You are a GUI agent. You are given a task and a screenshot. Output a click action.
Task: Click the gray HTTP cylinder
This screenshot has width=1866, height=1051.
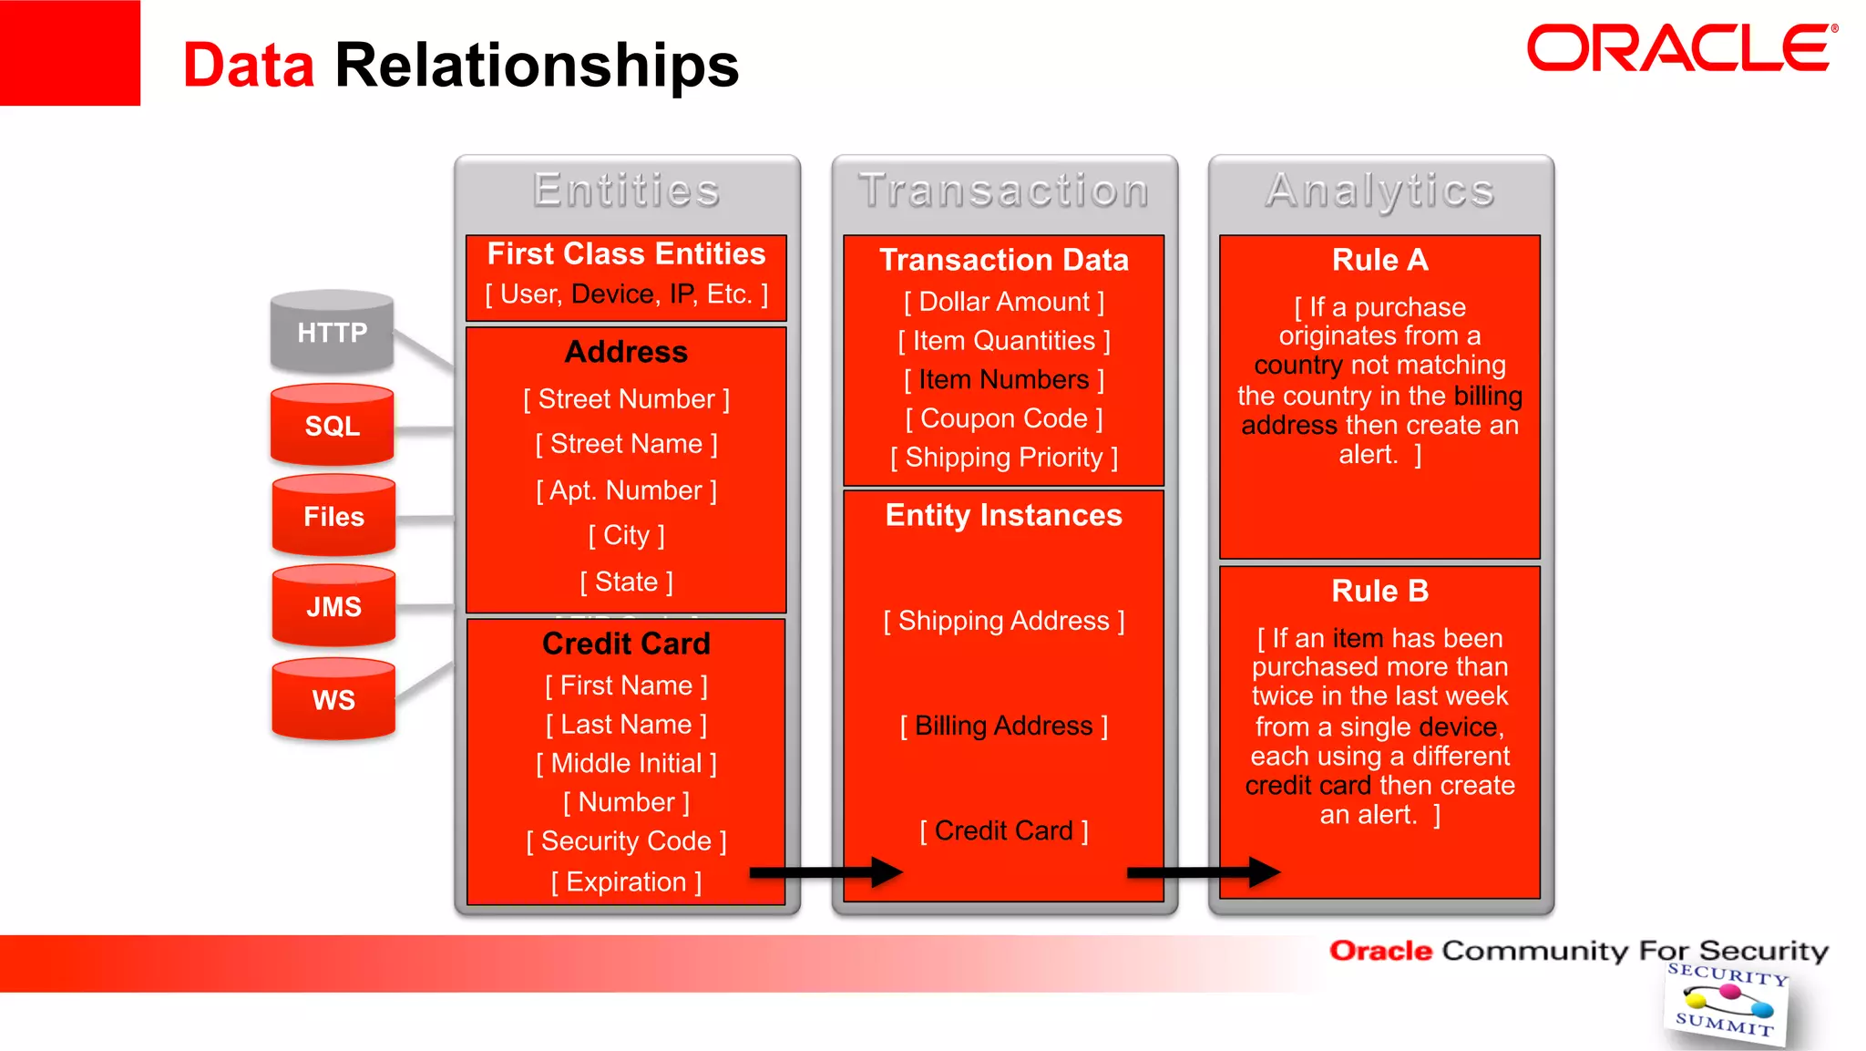click(332, 333)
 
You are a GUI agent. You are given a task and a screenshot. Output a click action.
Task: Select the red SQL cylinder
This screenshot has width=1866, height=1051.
click(332, 426)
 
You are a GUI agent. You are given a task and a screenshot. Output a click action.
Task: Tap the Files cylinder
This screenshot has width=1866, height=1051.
click(333, 517)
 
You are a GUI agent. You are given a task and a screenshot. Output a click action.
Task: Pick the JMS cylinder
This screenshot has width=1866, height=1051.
click(333, 607)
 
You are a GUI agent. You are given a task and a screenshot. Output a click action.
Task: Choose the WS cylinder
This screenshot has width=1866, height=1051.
click(333, 700)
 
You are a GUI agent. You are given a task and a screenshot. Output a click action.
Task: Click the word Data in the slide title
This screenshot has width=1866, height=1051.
click(249, 66)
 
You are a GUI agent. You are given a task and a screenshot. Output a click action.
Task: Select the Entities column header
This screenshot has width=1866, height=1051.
click(627, 191)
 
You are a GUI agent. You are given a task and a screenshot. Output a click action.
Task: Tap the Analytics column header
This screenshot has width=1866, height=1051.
click(1379, 191)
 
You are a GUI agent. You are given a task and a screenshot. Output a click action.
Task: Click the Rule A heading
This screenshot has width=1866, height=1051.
click(1379, 260)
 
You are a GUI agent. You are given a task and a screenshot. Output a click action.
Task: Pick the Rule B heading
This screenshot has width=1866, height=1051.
click(1379, 591)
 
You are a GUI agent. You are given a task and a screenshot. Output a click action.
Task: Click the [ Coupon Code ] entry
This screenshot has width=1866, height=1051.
click(1003, 418)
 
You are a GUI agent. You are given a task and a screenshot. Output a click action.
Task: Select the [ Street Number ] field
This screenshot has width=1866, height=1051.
click(626, 399)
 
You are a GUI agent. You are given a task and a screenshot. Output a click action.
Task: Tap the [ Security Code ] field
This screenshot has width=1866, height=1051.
click(626, 840)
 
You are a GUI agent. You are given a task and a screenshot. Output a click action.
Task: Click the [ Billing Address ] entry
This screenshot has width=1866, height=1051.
click(1003, 726)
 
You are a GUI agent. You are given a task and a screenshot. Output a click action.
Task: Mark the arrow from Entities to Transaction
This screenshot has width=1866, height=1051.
click(825, 872)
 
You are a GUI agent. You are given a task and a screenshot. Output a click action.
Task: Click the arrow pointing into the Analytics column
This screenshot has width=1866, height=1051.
click(1203, 872)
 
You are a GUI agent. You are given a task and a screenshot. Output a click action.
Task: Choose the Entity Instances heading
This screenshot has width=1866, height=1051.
click(1003, 515)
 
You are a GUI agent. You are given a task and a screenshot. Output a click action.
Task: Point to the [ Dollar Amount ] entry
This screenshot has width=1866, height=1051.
click(1003, 302)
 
